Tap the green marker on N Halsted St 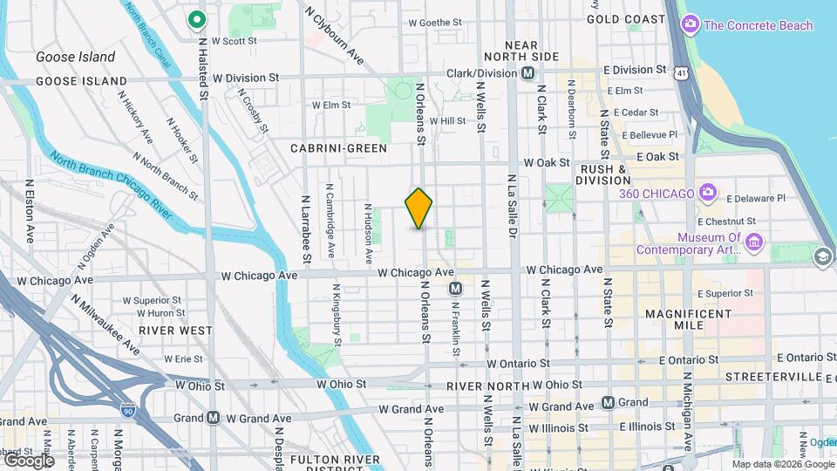point(198,18)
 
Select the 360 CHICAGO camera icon point(707,193)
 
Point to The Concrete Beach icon point(690,24)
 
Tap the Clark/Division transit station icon point(527,75)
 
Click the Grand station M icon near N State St point(609,403)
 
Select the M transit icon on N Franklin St point(454,288)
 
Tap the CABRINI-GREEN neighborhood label point(338,148)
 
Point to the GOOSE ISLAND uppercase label point(69,81)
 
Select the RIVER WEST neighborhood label point(174,331)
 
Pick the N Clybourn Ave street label point(334,36)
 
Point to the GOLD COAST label point(625,19)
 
